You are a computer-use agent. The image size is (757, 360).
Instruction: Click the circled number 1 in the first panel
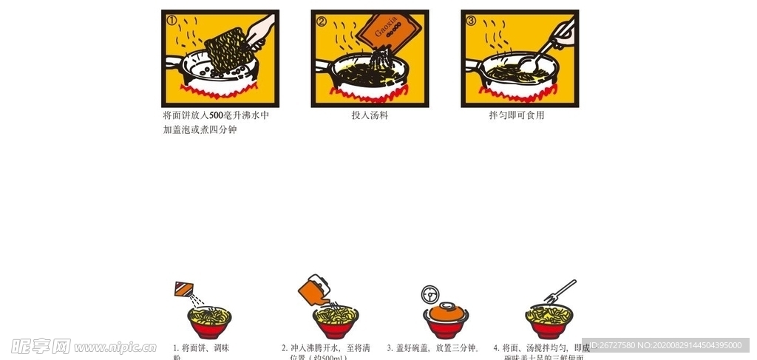coord(172,20)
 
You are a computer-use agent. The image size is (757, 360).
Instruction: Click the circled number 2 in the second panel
coord(322,21)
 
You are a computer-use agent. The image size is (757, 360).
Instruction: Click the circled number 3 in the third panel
coord(471,21)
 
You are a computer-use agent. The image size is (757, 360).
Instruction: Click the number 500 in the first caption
coord(216,115)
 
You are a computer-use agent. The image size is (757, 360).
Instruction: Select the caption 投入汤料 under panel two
coord(370,115)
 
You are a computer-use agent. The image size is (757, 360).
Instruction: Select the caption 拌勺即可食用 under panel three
coord(517,115)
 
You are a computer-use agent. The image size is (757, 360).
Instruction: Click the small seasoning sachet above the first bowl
coord(183,288)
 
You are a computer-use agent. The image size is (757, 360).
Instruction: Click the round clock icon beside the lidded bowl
coord(430,294)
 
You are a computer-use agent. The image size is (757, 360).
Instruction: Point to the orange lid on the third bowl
coord(447,310)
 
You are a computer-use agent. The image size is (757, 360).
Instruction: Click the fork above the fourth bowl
coord(560,291)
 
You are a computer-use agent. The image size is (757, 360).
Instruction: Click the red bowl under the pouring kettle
coord(336,325)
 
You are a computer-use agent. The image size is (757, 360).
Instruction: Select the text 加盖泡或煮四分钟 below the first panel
coord(200,130)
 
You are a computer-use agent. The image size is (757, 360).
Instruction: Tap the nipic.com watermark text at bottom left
coord(110,346)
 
